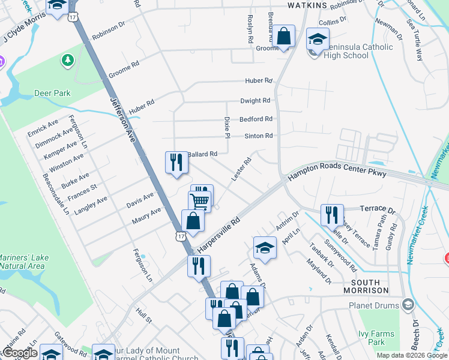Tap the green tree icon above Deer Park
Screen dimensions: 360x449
(x=67, y=60)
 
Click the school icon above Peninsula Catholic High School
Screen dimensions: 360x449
(x=317, y=40)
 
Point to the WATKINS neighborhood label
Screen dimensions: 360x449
(x=307, y=5)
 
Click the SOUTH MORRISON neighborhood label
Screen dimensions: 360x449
(x=366, y=286)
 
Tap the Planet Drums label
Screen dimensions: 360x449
(x=374, y=305)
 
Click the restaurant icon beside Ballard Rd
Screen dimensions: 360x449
(x=176, y=162)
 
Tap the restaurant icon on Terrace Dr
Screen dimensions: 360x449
(x=331, y=215)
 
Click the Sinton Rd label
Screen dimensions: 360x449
(x=258, y=136)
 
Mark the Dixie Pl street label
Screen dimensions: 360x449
(x=227, y=127)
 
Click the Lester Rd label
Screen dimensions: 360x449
(x=241, y=168)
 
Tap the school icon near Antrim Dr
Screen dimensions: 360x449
(x=265, y=247)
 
